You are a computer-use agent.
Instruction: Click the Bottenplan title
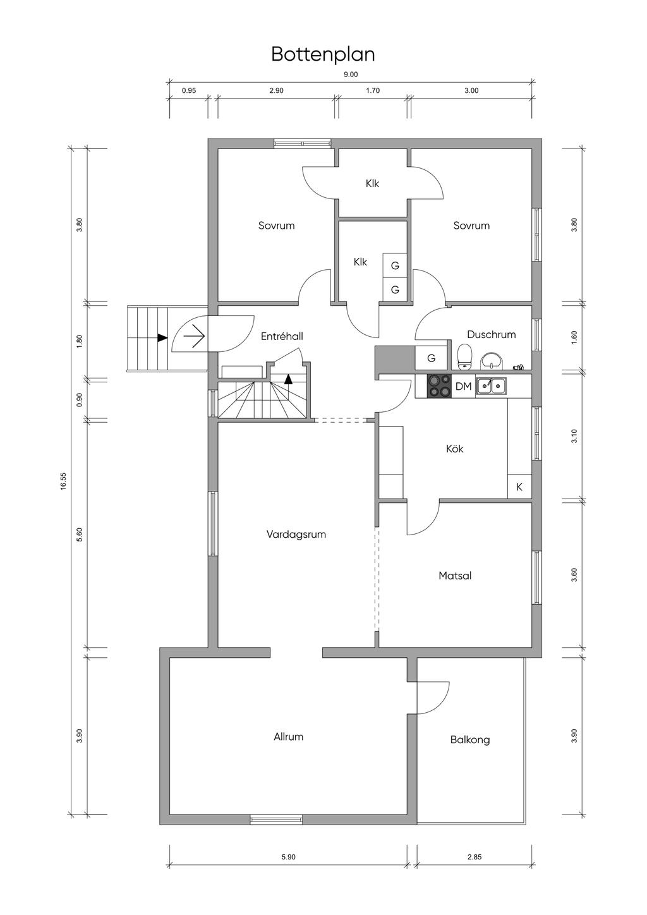(323, 55)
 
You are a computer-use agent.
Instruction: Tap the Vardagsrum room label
(296, 535)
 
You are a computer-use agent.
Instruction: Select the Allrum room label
(288, 737)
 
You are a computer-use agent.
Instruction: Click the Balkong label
(469, 740)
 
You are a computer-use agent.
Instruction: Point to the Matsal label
(455, 576)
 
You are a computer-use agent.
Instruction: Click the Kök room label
(455, 449)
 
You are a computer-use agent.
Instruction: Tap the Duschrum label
(491, 334)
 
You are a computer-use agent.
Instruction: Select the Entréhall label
(282, 336)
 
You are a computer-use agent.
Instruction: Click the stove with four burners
(439, 386)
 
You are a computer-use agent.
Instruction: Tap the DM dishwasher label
(463, 386)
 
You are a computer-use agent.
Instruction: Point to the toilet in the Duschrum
(464, 356)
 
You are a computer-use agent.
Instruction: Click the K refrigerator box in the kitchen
(519, 487)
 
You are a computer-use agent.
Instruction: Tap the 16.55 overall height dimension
(63, 481)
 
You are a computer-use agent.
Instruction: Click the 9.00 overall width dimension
(351, 75)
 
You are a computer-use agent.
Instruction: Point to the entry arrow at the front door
(194, 336)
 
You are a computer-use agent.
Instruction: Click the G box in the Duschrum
(432, 358)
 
